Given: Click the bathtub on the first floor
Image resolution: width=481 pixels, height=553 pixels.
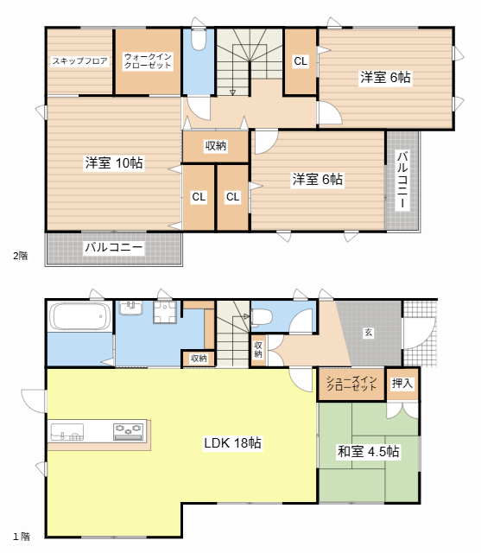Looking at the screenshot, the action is point(79,316).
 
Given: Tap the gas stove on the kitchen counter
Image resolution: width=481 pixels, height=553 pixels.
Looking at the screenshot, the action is point(129,431).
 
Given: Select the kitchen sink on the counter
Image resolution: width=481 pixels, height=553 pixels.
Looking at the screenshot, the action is point(67,432).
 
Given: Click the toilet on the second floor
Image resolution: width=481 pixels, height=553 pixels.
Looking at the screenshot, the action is point(199,40).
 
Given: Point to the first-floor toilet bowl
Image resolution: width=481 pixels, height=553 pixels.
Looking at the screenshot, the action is point(261,316).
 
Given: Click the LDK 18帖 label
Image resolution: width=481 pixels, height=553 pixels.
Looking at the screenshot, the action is point(232,442).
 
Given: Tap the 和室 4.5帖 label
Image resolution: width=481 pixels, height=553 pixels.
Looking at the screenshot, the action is point(368,451).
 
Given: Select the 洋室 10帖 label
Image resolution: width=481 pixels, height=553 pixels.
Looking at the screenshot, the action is point(114,163).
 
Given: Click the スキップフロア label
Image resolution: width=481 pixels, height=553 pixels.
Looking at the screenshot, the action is point(80,61).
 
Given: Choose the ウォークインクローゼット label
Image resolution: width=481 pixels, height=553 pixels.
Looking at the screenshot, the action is point(148,61).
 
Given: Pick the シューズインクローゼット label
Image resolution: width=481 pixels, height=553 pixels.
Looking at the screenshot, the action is point(351,384).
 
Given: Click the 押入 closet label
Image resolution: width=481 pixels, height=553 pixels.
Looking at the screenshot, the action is point(402,383).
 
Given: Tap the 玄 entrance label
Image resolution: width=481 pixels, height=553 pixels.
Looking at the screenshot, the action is point(368,332).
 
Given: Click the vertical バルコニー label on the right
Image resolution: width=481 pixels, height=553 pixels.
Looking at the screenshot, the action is point(402,180).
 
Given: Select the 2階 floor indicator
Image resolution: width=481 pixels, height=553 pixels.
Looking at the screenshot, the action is point(21,256).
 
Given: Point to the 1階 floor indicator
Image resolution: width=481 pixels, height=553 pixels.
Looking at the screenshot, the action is point(22,537).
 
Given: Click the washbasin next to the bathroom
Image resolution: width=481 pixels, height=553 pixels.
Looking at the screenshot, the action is point(131,308).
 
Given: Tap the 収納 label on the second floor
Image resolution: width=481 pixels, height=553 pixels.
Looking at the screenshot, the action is point(216,146).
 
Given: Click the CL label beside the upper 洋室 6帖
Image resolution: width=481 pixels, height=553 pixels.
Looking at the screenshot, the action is point(301,61).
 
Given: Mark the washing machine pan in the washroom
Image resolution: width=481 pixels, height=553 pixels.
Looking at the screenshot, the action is point(165,312).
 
